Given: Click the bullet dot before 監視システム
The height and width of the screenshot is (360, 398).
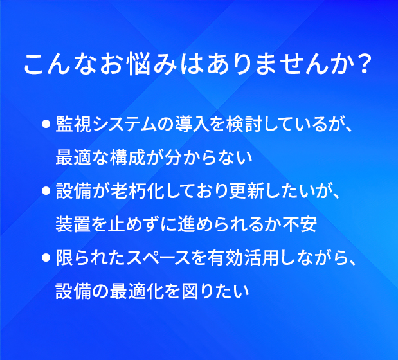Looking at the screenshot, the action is [46, 124].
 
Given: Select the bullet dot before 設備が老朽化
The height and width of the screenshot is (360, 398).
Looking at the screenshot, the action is [46, 191].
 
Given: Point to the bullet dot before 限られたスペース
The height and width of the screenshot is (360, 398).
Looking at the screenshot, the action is [46, 257].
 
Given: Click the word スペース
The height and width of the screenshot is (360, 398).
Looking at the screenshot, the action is [158, 257].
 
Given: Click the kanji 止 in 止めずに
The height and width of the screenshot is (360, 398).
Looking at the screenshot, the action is [117, 224].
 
